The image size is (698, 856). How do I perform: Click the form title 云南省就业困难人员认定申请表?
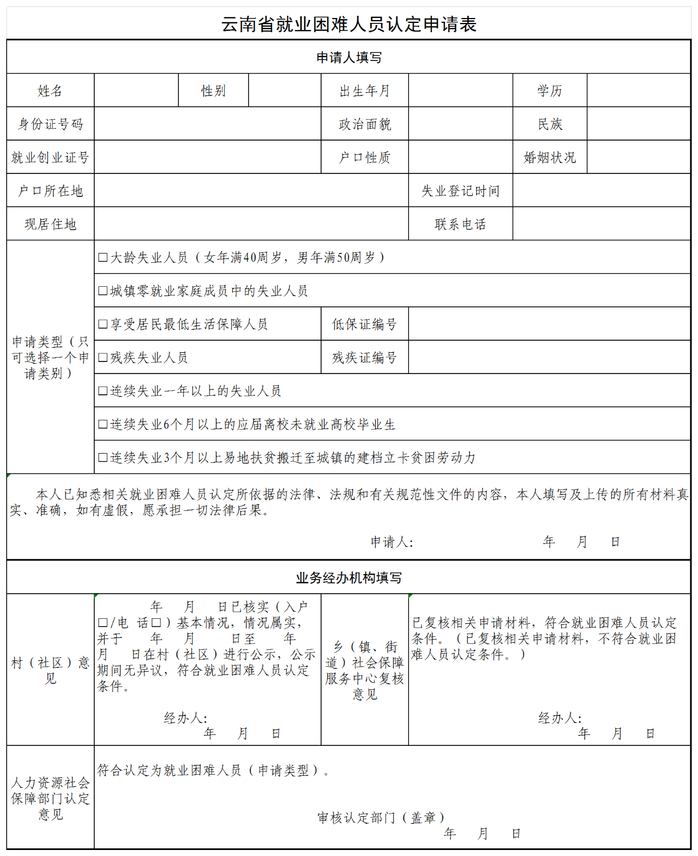point(349,25)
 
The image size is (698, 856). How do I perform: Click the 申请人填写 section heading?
point(349,57)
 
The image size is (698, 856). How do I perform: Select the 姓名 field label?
point(50,91)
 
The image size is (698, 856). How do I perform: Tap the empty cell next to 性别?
point(285,91)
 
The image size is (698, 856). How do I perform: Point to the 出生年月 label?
point(365,91)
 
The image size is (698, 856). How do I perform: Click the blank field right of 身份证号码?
point(207,124)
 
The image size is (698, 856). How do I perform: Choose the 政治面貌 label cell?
point(365,124)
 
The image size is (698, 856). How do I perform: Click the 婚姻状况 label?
point(550,158)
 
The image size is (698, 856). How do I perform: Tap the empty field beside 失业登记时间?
point(601,191)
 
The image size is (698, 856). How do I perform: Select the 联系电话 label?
point(460,224)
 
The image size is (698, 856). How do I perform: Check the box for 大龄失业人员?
point(103,257)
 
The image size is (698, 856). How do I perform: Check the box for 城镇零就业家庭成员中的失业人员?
point(103,291)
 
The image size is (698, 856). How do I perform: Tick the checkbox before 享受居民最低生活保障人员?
point(103,324)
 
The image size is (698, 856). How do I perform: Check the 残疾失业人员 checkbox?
point(103,358)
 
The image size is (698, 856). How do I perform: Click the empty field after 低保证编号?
point(549,324)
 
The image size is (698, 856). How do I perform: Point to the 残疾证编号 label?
point(365,358)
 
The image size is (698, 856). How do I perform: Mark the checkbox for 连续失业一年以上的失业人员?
point(103,391)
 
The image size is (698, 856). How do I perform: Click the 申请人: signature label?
point(392,542)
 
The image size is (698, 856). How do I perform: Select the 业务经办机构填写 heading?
point(349,578)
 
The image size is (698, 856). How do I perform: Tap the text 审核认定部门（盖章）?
point(381,817)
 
